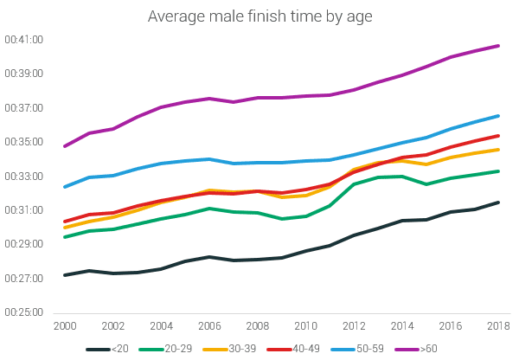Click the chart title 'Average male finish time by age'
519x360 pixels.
pyautogui.click(x=259, y=16)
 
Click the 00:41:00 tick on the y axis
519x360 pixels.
pyautogui.click(x=23, y=40)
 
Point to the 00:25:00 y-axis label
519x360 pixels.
pyautogui.click(x=23, y=312)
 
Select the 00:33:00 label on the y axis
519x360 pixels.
pyautogui.click(x=23, y=176)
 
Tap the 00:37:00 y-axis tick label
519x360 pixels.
pyautogui.click(x=23, y=108)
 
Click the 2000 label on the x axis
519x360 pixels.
pyautogui.click(x=65, y=326)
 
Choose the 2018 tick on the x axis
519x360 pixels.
pyautogui.click(x=499, y=326)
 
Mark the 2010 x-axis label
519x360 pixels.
pyautogui.click(x=306, y=326)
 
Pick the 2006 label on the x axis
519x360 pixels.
pyautogui.click(x=209, y=326)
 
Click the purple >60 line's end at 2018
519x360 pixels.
pyautogui.click(x=499, y=45)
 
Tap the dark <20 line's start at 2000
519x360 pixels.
pyautogui.click(x=65, y=275)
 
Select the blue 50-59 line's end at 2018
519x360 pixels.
pyautogui.click(x=499, y=115)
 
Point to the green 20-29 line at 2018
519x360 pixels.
pyautogui.click(x=499, y=170)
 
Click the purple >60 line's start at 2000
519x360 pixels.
pyautogui.click(x=65, y=146)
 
